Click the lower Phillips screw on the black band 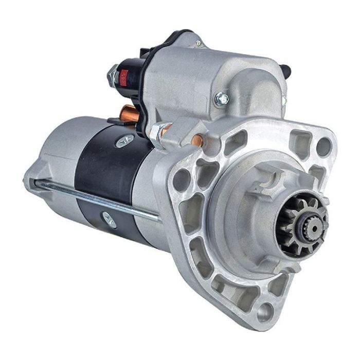click(x=109, y=219)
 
